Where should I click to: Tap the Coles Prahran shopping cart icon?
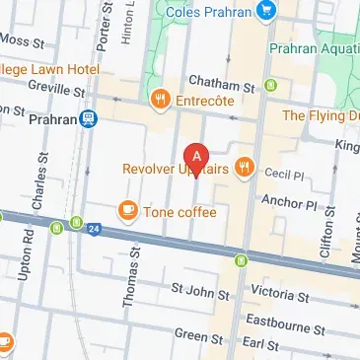[265, 12]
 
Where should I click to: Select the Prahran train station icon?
[90, 118]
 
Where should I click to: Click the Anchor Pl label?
[288, 204]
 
